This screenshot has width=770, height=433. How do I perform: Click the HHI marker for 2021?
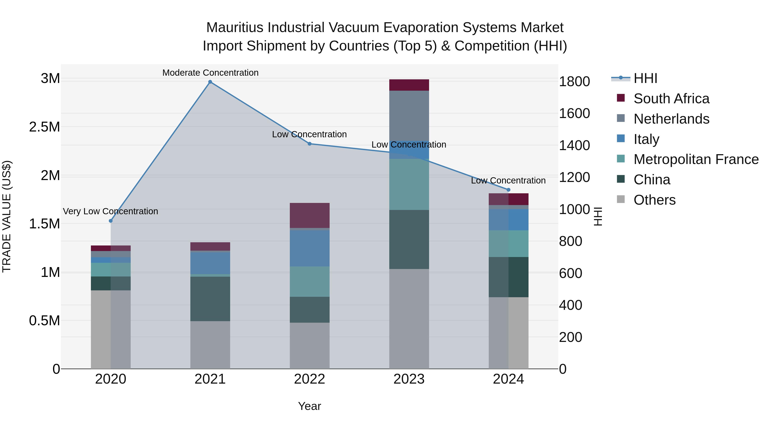pos(210,82)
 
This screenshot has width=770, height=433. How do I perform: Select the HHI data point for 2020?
pos(111,221)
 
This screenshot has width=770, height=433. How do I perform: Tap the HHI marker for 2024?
pos(508,190)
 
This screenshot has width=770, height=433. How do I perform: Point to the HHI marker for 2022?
pos(310,144)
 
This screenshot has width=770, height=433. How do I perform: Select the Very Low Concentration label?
pos(110,211)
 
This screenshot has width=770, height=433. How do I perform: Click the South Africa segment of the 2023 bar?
pos(409,85)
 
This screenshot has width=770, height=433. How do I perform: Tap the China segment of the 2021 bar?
pos(210,299)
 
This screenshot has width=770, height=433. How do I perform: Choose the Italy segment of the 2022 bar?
pos(310,248)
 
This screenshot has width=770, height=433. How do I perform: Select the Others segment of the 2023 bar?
pos(409,319)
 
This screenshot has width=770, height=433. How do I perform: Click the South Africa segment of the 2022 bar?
pos(310,216)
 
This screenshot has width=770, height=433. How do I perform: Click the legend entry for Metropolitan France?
pos(696,159)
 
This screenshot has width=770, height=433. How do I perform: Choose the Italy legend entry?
pos(646,139)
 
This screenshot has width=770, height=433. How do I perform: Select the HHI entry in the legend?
pos(645,78)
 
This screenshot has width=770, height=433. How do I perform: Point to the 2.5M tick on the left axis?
pos(44,127)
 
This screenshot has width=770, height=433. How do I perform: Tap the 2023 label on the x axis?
pos(409,379)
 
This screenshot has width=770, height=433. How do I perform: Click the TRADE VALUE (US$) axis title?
pos(7,216)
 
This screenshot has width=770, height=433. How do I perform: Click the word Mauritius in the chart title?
pos(235,28)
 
